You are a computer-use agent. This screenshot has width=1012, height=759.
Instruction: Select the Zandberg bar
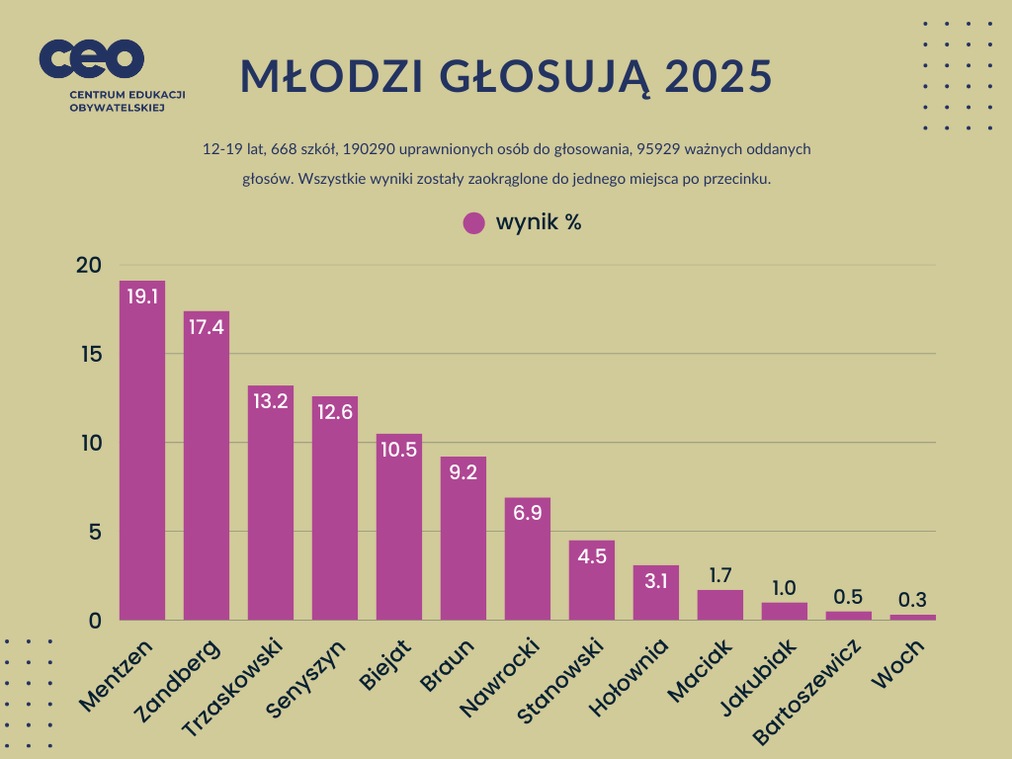206,465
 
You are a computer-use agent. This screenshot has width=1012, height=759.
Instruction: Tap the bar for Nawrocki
527,558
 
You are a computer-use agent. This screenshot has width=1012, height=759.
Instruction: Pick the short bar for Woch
912,618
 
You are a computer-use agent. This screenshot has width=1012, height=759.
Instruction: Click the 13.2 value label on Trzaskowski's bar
270,402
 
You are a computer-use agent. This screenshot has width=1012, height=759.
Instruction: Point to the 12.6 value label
335,413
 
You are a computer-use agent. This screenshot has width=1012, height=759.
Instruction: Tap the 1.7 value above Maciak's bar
719,574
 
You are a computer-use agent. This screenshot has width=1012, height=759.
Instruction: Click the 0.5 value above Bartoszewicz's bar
848,596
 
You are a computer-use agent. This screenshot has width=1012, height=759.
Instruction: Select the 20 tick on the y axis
89,265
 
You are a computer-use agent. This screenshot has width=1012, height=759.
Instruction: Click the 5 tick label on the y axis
96,532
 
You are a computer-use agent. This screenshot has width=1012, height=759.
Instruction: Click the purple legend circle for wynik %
474,222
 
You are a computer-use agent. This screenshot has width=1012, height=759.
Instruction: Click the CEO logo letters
92,59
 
